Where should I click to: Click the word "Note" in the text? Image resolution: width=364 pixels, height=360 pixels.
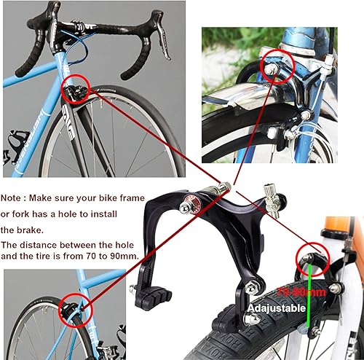pyautogui.click(x=15, y=197)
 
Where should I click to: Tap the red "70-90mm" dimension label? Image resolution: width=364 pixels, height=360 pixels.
pyautogui.click(x=296, y=291)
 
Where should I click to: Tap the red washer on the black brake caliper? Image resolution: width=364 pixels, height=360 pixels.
pyautogui.click(x=194, y=203)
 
